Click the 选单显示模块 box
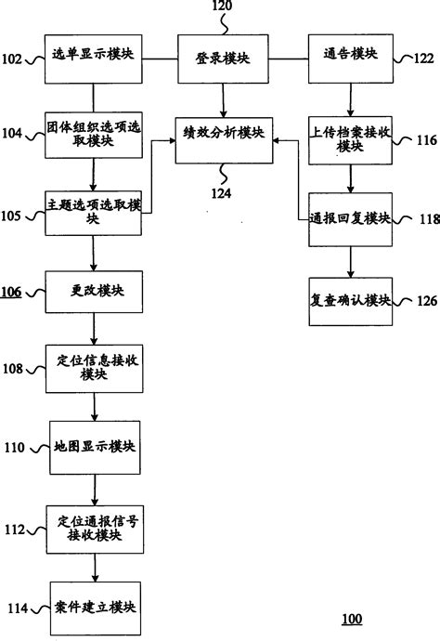pos(94,58)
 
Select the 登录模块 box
pos(220,58)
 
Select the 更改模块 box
pos(94,292)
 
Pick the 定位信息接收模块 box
pos(94,369)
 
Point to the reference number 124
pos(220,191)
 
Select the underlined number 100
pos(352,619)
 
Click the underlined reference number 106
pos(12,293)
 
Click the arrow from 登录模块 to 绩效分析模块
pos(220,98)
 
